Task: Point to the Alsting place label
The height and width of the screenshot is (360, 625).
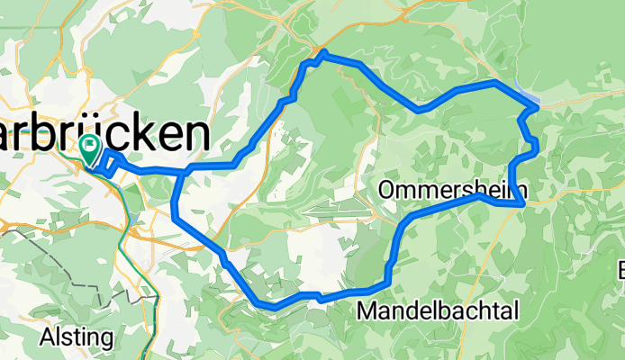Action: [77, 337]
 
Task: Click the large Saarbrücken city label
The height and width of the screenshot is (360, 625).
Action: [104, 135]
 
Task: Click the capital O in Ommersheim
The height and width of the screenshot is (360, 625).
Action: [388, 190]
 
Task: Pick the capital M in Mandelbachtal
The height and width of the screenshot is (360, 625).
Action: [368, 311]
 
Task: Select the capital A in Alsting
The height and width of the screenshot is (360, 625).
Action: [48, 337]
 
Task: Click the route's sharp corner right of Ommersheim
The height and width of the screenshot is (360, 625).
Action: [523, 204]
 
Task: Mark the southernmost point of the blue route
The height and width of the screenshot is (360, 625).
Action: [268, 306]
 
